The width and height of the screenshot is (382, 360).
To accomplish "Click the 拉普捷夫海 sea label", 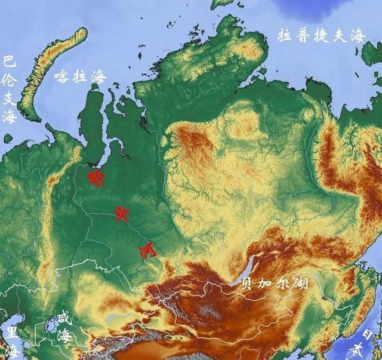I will (321, 35).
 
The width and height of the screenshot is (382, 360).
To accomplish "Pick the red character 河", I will (147, 251).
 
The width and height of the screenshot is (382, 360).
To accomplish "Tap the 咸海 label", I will (62, 326).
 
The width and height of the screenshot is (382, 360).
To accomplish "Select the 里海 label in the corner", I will (11, 340).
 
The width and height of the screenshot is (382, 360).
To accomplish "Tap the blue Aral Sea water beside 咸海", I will (45, 334).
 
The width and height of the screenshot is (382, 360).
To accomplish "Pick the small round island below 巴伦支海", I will (8, 139).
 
